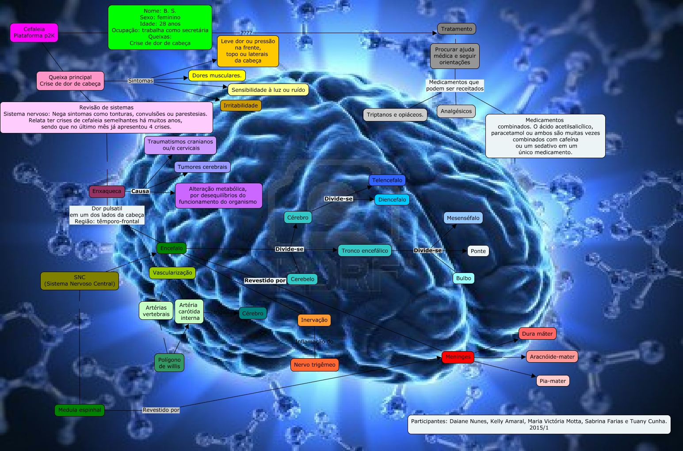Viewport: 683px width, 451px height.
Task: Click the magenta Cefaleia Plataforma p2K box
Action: [34, 33]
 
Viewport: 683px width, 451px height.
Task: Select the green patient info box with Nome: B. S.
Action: [160, 27]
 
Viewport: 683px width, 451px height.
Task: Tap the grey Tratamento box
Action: [457, 29]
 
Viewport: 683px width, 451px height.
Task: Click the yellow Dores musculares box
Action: [217, 76]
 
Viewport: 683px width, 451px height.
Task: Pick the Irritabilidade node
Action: [240, 106]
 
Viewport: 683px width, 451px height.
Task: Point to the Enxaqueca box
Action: [107, 191]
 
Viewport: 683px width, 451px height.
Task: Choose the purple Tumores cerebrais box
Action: [202, 167]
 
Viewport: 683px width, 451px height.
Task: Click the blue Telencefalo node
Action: [387, 180]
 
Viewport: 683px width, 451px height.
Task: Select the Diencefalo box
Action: [392, 200]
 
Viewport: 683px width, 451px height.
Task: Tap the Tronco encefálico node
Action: [365, 251]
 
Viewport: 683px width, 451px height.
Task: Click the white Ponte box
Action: [478, 251]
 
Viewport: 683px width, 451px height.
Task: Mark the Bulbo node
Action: [463, 278]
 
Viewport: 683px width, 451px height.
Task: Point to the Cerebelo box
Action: [302, 279]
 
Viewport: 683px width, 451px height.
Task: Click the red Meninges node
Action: [458, 357]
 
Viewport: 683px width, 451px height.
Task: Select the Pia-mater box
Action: [553, 381]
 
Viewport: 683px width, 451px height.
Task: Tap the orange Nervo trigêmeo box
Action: [314, 365]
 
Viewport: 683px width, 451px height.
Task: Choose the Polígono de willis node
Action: [169, 363]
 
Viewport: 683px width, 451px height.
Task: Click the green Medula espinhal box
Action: [80, 410]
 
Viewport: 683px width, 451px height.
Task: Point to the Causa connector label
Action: [140, 191]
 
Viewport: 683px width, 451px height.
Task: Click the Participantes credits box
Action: [538, 424]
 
